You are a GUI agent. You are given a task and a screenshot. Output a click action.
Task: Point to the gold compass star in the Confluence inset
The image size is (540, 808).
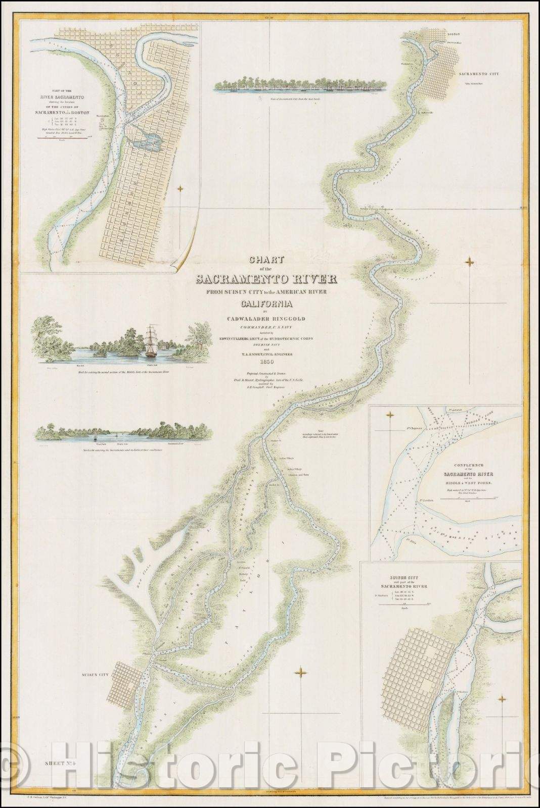[x=390, y=415]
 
